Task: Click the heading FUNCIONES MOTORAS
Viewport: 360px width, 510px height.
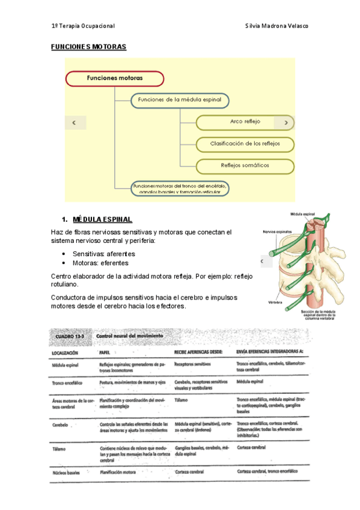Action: [88, 46]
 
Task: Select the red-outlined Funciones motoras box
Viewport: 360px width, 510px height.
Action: [115, 78]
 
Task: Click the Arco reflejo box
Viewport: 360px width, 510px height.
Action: [245, 121]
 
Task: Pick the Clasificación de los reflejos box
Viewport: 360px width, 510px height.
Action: [245, 144]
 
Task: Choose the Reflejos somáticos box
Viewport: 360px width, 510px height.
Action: [245, 165]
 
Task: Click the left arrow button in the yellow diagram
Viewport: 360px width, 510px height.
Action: [75, 122]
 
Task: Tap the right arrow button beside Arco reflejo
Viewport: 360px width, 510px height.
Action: [285, 122]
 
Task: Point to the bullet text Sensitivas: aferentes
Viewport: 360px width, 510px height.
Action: [103, 254]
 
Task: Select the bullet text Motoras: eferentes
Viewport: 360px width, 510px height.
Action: [100, 263]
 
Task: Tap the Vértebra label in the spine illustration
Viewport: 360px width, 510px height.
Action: [276, 303]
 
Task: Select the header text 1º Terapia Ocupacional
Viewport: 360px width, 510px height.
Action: [83, 26]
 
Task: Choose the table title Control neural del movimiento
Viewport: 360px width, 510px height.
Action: [131, 337]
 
